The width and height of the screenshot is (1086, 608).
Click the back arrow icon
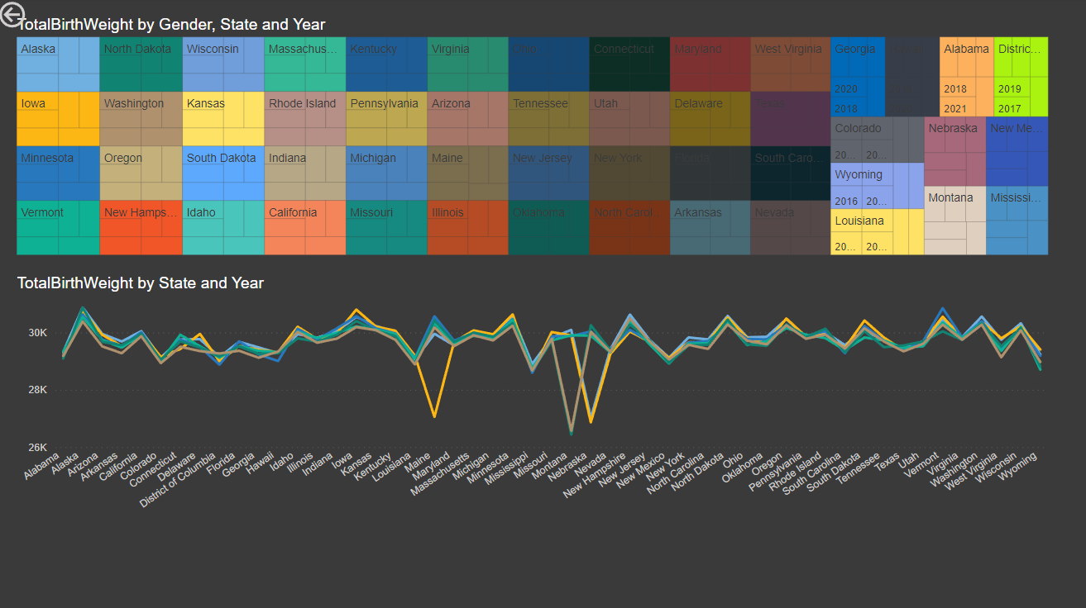(12, 15)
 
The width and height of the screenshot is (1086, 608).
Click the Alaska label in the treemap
(38, 49)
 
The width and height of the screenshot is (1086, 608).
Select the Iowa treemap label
(33, 103)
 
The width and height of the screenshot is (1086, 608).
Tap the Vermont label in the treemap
(42, 212)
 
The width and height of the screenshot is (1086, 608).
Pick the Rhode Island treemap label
(302, 103)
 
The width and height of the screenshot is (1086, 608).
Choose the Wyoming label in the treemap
(859, 174)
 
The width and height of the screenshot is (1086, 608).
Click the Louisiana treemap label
(859, 221)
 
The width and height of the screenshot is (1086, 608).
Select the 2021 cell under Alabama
(954, 108)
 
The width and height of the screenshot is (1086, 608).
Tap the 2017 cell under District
(1009, 108)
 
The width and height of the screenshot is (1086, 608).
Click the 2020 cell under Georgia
(846, 89)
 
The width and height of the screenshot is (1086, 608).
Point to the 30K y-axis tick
(38, 332)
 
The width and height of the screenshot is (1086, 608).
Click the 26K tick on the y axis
(38, 447)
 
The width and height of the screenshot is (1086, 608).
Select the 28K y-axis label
(38, 389)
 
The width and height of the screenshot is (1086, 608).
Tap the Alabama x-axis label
(43, 467)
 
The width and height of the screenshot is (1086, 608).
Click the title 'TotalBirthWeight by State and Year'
(141, 283)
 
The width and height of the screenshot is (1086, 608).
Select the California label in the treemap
(293, 212)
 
